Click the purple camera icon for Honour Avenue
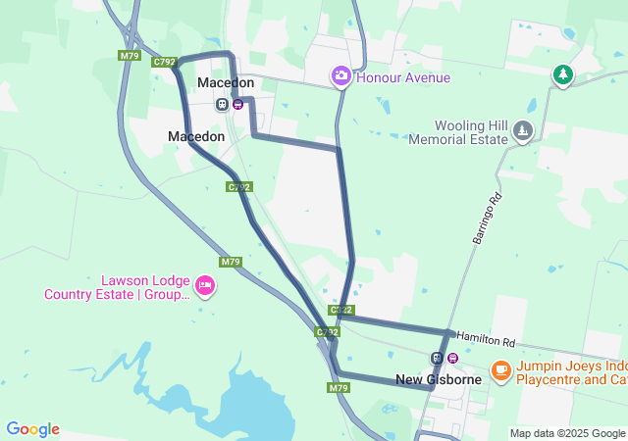[x=340, y=75]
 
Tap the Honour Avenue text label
[x=403, y=77]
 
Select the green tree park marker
[x=562, y=75]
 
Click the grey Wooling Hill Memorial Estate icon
[x=524, y=130]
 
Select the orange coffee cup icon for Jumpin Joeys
[x=501, y=370]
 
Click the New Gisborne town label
[x=438, y=379]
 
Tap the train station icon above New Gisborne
[x=437, y=358]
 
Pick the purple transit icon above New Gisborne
[x=452, y=358]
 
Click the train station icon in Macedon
[x=223, y=104]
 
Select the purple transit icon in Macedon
[x=237, y=104]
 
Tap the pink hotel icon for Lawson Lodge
[x=204, y=285]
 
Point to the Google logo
[x=32, y=429]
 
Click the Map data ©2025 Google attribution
[x=567, y=433]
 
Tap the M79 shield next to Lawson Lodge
[x=231, y=262]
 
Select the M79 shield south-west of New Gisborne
[x=339, y=388]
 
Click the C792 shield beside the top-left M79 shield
[x=164, y=62]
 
